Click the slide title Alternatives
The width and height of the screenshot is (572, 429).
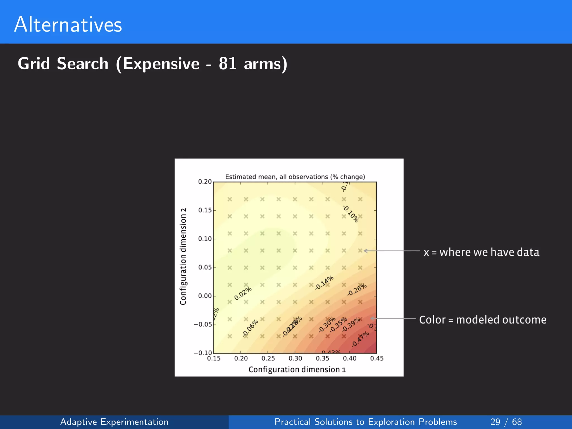click(68, 25)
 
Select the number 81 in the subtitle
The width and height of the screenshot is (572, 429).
click(228, 64)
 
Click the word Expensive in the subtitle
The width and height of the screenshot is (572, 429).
click(161, 64)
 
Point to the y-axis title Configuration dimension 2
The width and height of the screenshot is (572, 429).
click(183, 256)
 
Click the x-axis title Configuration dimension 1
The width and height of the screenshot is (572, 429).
click(297, 370)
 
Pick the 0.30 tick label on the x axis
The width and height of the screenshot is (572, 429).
click(295, 358)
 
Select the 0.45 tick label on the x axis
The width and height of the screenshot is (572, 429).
click(377, 358)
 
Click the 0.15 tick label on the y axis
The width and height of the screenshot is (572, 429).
click(205, 210)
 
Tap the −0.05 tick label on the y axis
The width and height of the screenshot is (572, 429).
click(203, 325)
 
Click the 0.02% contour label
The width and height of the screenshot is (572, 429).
click(243, 294)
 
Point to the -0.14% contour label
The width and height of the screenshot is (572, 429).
click(324, 283)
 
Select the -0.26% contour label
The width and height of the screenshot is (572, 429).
click(357, 290)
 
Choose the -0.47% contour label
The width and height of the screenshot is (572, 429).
click(360, 339)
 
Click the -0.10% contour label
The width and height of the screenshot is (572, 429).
click(351, 214)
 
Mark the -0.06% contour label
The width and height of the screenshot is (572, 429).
click(250, 328)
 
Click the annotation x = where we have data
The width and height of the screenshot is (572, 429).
click(481, 252)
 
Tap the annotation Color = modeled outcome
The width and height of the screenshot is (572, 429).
click(483, 320)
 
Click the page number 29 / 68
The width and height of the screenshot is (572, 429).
click(506, 422)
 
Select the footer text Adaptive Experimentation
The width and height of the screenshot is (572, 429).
click(114, 422)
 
